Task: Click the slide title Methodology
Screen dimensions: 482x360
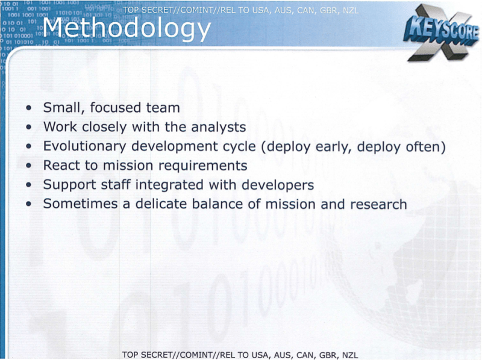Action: [127, 29]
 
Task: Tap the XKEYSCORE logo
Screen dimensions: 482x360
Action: [442, 33]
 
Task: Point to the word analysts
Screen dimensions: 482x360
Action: [218, 127]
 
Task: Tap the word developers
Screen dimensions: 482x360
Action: [278, 185]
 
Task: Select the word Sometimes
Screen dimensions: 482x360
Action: [81, 204]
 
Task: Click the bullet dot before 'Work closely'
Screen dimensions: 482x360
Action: [29, 127]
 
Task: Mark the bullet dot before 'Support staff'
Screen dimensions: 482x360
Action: [29, 185]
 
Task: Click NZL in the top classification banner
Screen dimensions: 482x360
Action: [351, 10]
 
